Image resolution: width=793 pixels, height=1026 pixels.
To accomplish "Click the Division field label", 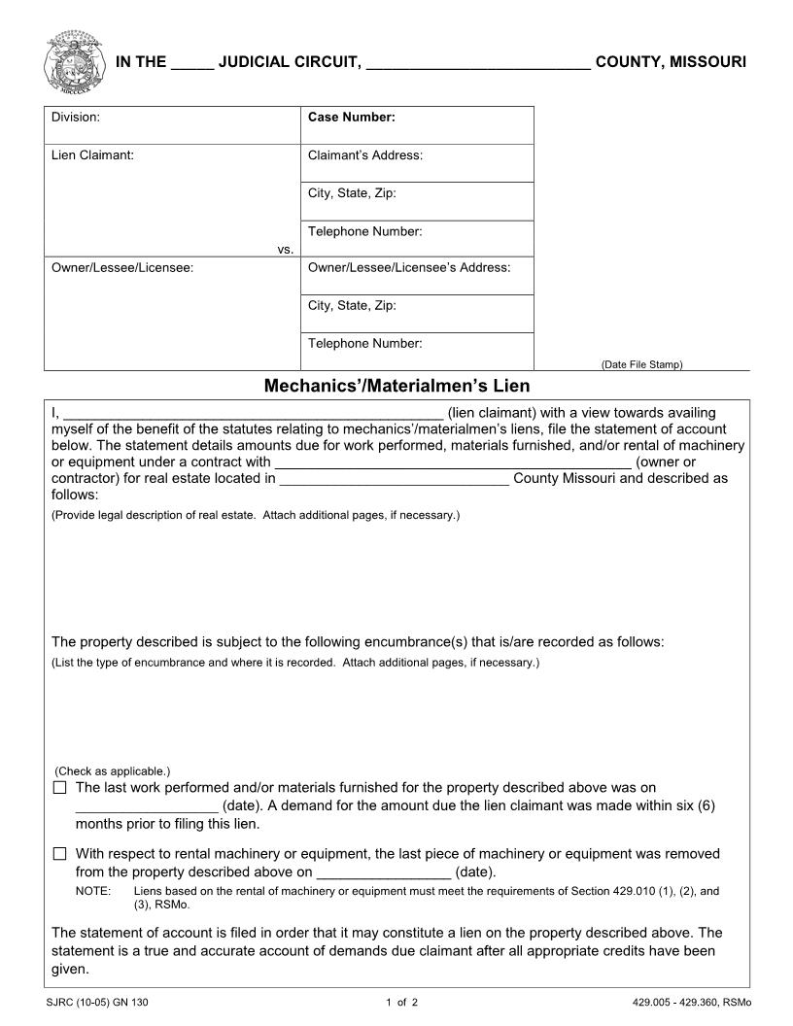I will (x=76, y=118).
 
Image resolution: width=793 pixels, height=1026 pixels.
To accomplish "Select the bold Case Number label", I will (x=351, y=118).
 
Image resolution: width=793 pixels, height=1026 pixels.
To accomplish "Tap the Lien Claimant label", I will (x=92, y=155).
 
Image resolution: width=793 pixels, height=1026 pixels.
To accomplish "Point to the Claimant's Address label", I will (x=364, y=155).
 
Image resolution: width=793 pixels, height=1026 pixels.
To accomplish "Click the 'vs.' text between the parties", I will (x=285, y=250).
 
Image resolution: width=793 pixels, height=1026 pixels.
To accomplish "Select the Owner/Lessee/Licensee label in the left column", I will (x=121, y=267).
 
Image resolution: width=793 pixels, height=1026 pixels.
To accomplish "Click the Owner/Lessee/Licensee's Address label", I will (x=408, y=267).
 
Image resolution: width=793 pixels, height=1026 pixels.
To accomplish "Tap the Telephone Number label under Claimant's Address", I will (x=364, y=231).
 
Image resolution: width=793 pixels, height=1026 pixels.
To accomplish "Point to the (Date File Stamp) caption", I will (x=641, y=364).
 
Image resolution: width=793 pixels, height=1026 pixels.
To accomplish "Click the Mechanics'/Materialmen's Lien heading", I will (x=396, y=386).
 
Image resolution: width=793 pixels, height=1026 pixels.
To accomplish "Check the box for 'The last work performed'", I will (x=60, y=788).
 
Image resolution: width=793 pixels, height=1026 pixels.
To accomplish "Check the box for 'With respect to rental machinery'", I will (x=60, y=854).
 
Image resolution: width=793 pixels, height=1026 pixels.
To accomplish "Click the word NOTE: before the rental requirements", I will (x=91, y=890).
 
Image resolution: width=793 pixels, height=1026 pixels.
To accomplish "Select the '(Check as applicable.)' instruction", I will (x=112, y=771).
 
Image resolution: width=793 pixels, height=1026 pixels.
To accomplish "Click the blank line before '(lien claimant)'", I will (x=253, y=414).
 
